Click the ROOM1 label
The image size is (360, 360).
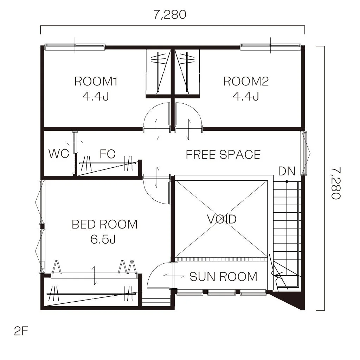click(x=96, y=81)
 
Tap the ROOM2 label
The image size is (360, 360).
click(x=246, y=81)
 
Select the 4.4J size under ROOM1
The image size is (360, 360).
click(x=96, y=96)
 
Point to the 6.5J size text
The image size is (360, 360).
click(x=103, y=239)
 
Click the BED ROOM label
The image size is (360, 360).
click(x=105, y=224)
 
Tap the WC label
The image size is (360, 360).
click(x=59, y=154)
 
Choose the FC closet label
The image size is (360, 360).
click(x=108, y=154)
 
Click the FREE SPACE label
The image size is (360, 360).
click(x=223, y=155)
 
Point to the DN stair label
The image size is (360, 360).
click(x=287, y=171)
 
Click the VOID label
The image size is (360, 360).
click(x=221, y=219)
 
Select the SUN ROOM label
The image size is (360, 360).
click(x=223, y=277)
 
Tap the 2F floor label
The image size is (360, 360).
click(x=21, y=331)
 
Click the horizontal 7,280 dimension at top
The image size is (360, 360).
click(x=170, y=15)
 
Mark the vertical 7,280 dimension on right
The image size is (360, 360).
click(x=336, y=183)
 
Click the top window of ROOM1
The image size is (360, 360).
click(x=75, y=47)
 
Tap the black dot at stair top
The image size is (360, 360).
click(x=287, y=182)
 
